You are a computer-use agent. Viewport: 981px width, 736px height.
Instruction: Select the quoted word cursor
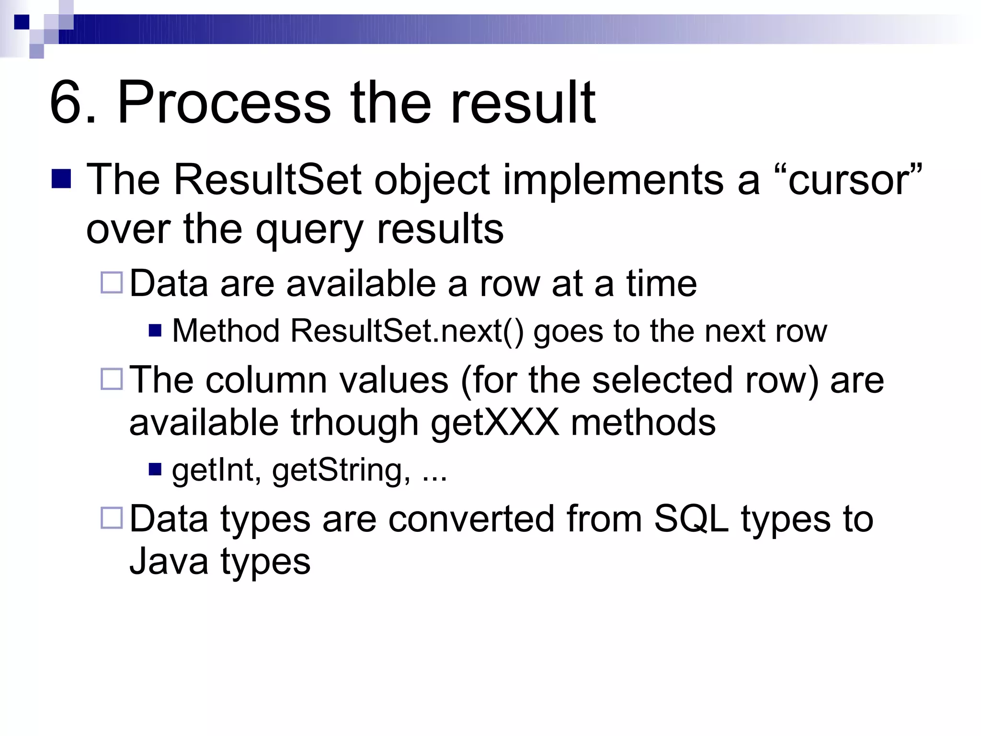coord(848,181)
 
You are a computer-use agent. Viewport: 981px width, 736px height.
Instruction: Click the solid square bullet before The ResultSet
coord(61,178)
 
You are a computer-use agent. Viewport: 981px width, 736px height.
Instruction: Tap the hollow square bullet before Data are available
coord(112,283)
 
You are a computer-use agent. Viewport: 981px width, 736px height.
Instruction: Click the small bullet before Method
coord(155,331)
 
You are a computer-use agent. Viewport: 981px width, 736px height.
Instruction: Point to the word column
coord(266,380)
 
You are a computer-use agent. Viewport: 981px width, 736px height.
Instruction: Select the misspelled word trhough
coord(354,423)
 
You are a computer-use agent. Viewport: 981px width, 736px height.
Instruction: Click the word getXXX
coord(494,423)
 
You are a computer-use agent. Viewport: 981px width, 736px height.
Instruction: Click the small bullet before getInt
coord(155,469)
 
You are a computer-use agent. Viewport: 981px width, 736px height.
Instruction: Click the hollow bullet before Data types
coord(112,518)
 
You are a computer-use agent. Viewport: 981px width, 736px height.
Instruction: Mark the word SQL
coord(691,519)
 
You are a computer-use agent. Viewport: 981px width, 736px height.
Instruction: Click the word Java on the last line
coord(169,561)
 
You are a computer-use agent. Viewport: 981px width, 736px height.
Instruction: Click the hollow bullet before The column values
coord(112,379)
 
